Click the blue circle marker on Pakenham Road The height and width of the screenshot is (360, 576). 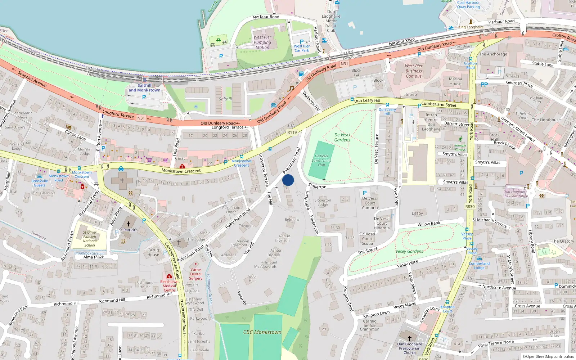pyautogui.click(x=288, y=180)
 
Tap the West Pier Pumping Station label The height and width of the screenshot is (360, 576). pyautogui.click(x=262, y=42)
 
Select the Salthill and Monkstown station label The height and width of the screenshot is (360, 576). pyautogui.click(x=144, y=88)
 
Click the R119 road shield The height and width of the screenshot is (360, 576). pyautogui.click(x=292, y=132)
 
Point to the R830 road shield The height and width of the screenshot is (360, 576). pyautogui.click(x=470, y=207)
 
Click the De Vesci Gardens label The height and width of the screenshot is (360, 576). pyautogui.click(x=342, y=138)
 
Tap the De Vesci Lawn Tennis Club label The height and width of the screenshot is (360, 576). pyautogui.click(x=321, y=161)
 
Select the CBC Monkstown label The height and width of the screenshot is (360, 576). pyautogui.click(x=262, y=332)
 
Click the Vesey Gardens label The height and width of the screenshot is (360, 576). pyautogui.click(x=409, y=251)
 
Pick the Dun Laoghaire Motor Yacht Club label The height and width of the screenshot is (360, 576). pyautogui.click(x=331, y=21)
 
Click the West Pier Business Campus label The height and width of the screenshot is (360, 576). pyautogui.click(x=414, y=71)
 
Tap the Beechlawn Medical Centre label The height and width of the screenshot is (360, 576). pyautogui.click(x=169, y=286)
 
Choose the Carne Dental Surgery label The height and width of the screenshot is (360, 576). pyautogui.click(x=195, y=274)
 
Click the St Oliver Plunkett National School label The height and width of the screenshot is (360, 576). pyautogui.click(x=90, y=239)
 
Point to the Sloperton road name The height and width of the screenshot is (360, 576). pyautogui.click(x=318, y=186)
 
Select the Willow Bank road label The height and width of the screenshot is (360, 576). pyautogui.click(x=429, y=224)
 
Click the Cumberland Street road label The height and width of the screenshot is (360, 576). pyautogui.click(x=439, y=105)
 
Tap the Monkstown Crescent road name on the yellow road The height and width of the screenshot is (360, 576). pyautogui.click(x=181, y=171)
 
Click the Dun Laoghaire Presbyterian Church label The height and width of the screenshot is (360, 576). pyautogui.click(x=409, y=348)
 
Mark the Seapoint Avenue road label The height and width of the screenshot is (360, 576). pyautogui.click(x=32, y=79)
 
